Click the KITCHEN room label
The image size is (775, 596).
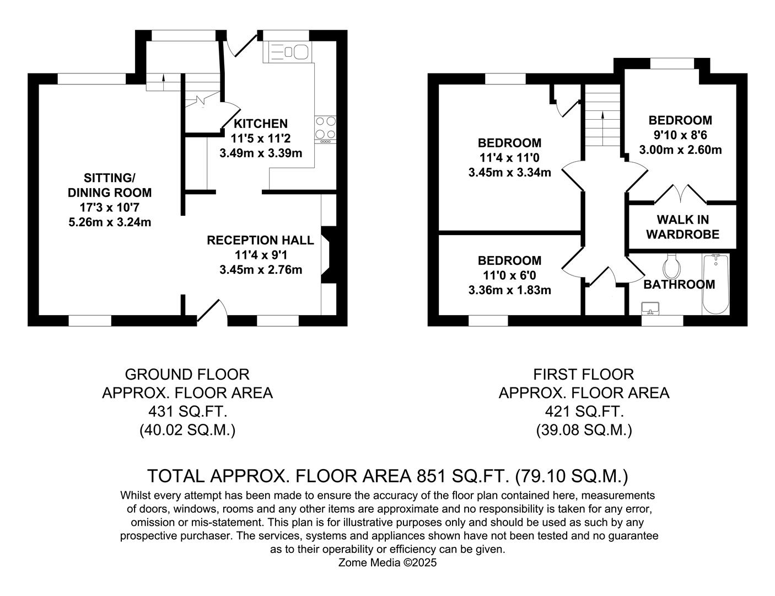pyautogui.click(x=260, y=124)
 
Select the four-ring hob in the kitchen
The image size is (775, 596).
pyautogui.click(x=325, y=128)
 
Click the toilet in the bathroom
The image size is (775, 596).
pyautogui.click(x=672, y=267)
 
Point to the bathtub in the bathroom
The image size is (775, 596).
pyautogui.click(x=715, y=284)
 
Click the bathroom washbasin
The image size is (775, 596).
pyautogui.click(x=652, y=308)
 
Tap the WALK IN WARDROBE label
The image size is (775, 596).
pyautogui.click(x=682, y=227)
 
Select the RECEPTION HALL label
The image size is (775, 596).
pyautogui.click(x=260, y=241)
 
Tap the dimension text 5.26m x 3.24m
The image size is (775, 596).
pyautogui.click(x=109, y=222)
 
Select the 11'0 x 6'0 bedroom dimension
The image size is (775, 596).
pyautogui.click(x=509, y=275)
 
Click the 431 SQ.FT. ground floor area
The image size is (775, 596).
pyautogui.click(x=187, y=412)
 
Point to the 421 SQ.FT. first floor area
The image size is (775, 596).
pyautogui.click(x=584, y=412)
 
